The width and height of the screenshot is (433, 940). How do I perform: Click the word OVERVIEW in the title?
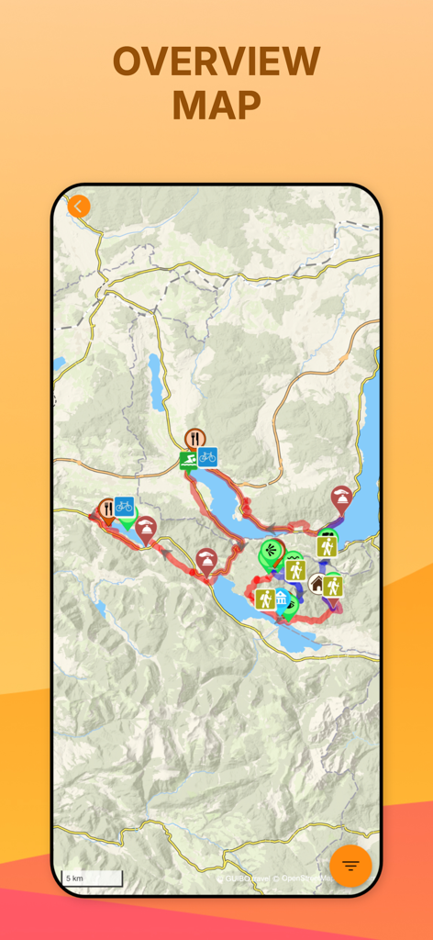pyautogui.click(x=216, y=62)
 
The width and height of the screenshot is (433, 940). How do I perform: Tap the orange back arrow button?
pyautogui.click(x=79, y=206)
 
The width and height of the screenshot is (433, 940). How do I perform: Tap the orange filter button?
pyautogui.click(x=350, y=866)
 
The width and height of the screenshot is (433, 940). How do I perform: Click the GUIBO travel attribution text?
pyautogui.click(x=245, y=878)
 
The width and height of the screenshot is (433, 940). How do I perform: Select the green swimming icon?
pyautogui.click(x=189, y=458)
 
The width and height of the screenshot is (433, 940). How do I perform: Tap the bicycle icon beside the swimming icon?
pyautogui.click(x=207, y=456)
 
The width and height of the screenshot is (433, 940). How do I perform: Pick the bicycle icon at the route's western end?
pyautogui.click(x=124, y=506)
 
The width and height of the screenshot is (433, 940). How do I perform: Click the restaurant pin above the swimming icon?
pyautogui.click(x=194, y=438)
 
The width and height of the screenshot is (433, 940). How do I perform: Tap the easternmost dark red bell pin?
pyautogui.click(x=341, y=498)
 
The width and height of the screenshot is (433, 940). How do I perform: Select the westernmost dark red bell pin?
pyautogui.click(x=145, y=528)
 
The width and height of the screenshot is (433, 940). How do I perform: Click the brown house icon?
pyautogui.click(x=317, y=583)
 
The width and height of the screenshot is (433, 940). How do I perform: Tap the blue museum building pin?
pyautogui.click(x=281, y=599)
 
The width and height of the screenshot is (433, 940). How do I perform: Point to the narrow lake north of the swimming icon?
pyautogui.click(x=157, y=381)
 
